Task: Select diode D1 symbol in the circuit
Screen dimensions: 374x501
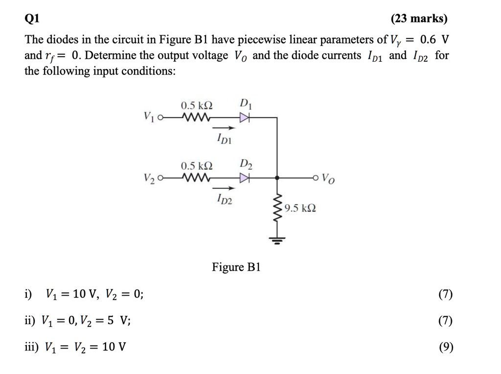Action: (x=244, y=117)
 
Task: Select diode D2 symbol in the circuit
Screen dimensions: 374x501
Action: (x=244, y=178)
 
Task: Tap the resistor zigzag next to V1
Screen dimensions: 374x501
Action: (x=196, y=117)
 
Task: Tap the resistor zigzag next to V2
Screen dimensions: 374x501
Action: (x=196, y=178)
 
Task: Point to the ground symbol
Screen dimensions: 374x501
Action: (x=278, y=240)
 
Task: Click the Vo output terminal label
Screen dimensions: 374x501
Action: (x=330, y=179)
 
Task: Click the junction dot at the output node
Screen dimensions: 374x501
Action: (x=278, y=178)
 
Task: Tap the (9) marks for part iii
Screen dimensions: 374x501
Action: (x=446, y=348)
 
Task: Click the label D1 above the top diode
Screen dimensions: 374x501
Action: (x=246, y=104)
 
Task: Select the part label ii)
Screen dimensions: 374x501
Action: (x=30, y=321)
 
